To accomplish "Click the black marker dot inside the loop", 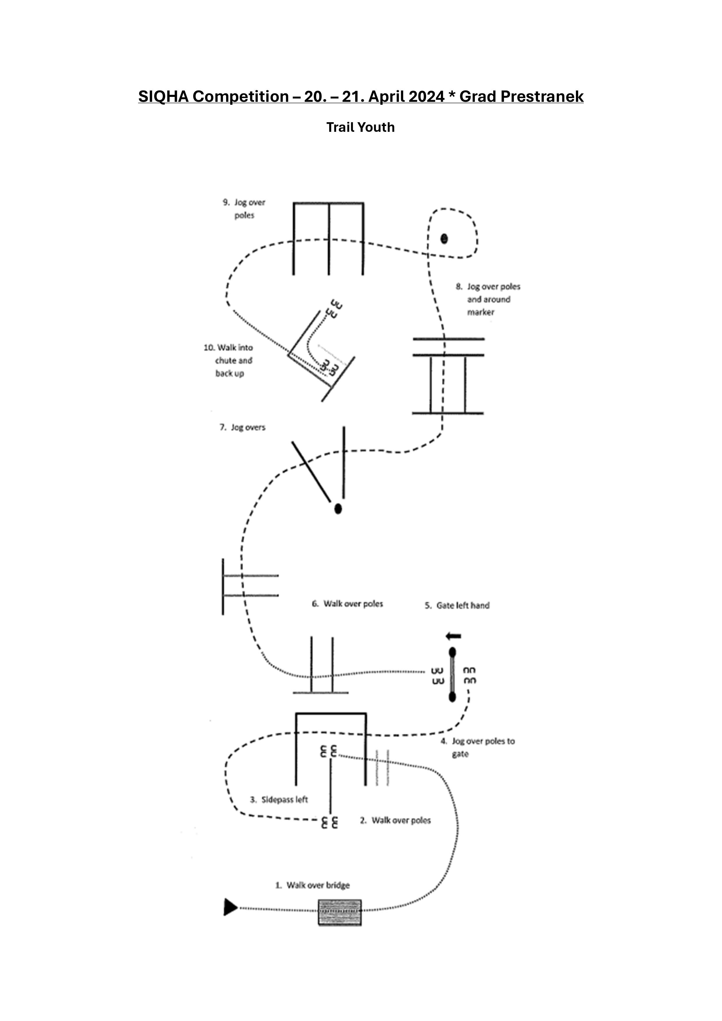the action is coord(444,239).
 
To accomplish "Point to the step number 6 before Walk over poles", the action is coord(315,603).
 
